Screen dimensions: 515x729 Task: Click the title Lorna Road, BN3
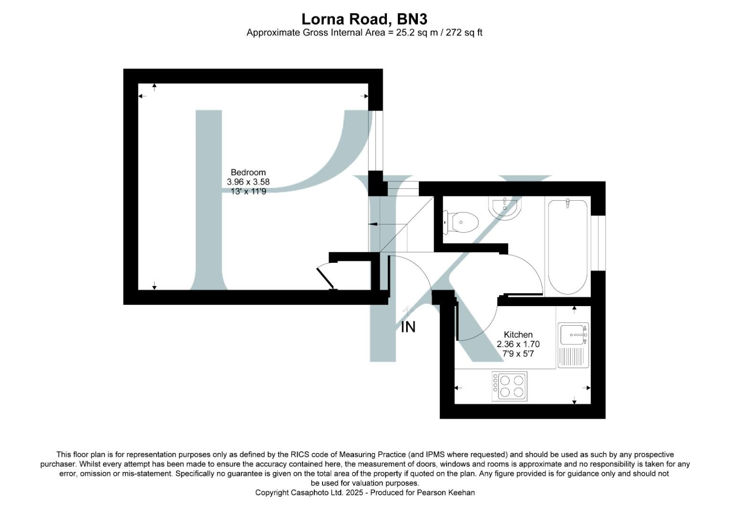coord(364,19)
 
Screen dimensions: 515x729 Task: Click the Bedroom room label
coord(248,172)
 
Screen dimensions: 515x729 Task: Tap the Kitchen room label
coord(518,335)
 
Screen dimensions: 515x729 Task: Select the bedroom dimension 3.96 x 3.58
coord(248,182)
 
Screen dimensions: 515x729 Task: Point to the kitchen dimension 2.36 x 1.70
coord(518,344)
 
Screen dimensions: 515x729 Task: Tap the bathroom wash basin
coord(506,208)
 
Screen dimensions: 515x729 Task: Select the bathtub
coord(567,247)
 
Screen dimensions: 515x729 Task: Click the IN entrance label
coord(408,327)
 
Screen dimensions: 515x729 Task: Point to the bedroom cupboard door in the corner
coord(326,278)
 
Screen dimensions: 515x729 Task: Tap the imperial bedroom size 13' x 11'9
coord(248,191)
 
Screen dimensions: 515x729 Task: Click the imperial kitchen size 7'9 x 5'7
coord(518,354)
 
